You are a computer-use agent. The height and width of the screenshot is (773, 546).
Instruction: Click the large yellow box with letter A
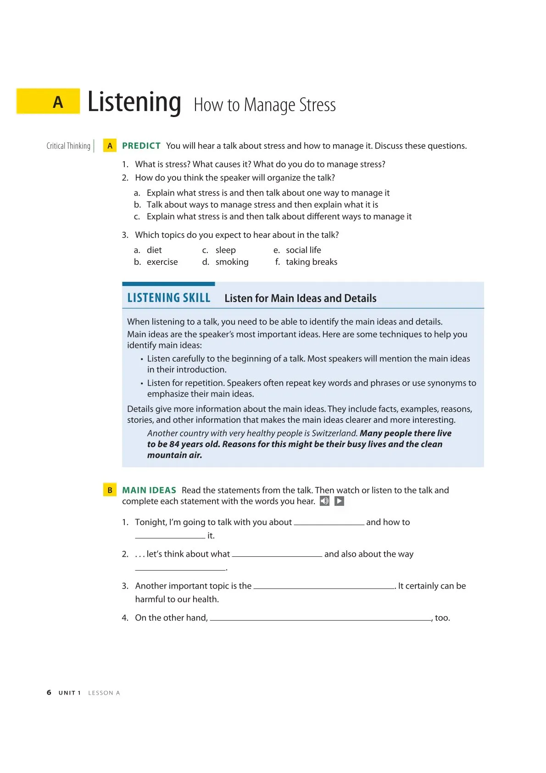tap(48, 101)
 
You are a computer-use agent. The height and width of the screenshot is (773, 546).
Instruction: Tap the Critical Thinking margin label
tap(68, 146)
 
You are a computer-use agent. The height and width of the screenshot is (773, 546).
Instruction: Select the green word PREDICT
tap(141, 146)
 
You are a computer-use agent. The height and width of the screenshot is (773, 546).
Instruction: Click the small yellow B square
tap(110, 490)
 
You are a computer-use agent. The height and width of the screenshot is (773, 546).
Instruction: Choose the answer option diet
tap(154, 250)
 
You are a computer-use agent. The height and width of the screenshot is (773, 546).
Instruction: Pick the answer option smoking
tap(232, 262)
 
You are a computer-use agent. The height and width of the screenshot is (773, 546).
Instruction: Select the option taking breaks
tap(311, 262)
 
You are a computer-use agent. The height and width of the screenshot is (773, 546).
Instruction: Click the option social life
tap(303, 250)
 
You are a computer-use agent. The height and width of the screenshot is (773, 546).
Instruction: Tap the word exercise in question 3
tap(162, 262)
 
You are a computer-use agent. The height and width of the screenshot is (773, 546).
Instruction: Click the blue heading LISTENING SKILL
tap(168, 298)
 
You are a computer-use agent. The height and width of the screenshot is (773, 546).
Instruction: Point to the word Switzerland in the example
tap(334, 433)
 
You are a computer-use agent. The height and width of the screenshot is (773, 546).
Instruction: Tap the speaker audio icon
tap(324, 501)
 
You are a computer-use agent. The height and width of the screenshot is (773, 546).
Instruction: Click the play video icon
tap(339, 501)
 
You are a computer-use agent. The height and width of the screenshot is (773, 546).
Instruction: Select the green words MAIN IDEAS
tap(149, 490)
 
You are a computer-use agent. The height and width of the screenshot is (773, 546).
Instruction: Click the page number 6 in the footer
tap(49, 693)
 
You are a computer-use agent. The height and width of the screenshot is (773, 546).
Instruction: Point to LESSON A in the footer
tap(104, 693)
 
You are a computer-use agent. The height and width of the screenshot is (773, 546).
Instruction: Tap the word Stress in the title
tap(318, 105)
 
